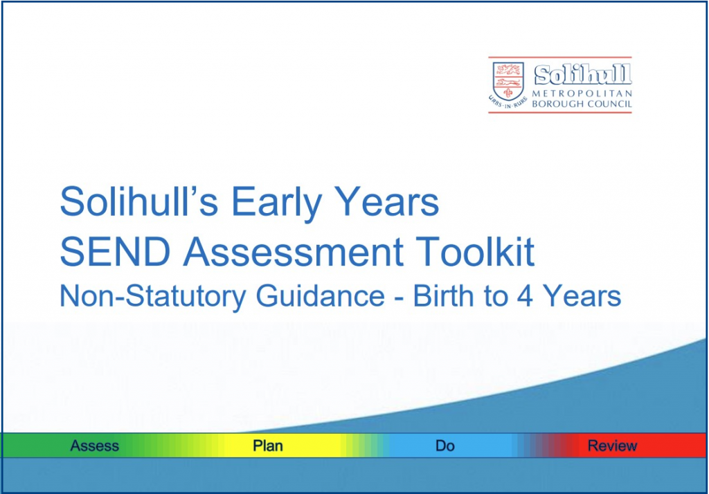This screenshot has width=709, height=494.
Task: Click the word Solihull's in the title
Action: [139, 201]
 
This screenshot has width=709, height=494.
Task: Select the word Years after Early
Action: [386, 201]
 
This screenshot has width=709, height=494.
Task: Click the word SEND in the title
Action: [116, 252]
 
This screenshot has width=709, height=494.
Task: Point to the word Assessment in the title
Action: [293, 252]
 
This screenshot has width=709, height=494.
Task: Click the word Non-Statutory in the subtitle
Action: [153, 297]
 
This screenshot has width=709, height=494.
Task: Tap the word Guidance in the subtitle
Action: [320, 297]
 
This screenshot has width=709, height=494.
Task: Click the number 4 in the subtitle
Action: [525, 296]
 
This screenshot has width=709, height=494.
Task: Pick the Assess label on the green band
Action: [94, 446]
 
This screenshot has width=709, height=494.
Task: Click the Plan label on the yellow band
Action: [268, 446]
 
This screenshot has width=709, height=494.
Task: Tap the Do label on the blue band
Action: [445, 446]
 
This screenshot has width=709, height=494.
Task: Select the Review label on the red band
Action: [612, 446]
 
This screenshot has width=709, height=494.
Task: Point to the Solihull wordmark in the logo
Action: [583, 74]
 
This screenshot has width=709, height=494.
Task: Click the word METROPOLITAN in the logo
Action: [582, 93]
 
